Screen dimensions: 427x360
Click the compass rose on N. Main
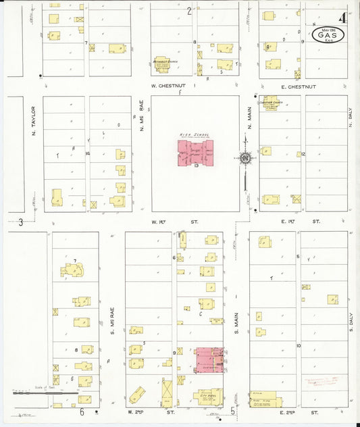245,158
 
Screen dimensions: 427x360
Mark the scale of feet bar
32,392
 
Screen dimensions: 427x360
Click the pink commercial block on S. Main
209,359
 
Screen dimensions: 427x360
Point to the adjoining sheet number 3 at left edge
21,222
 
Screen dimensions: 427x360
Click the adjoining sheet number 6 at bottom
82,411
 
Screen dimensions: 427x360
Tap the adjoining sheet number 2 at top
189,11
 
